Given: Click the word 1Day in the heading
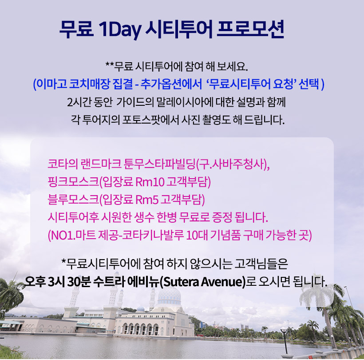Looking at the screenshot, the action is (120, 30).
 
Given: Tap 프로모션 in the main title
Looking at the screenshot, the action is (250, 29).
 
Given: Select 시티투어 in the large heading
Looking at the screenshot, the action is (179, 29).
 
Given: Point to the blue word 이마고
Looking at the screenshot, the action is (52, 84).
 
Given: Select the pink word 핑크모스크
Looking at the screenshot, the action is (73, 182).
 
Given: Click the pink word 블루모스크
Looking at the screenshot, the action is (73, 200).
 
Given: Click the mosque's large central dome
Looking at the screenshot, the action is (169, 297).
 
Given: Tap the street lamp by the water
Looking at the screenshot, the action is (285, 340).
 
